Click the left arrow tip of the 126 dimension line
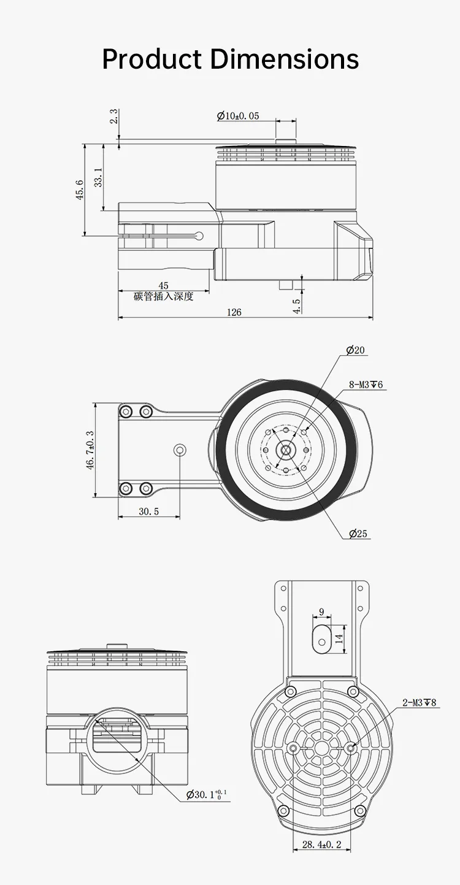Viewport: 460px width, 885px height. [118, 317]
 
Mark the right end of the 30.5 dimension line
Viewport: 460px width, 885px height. [180, 516]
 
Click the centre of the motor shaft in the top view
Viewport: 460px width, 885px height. [285, 450]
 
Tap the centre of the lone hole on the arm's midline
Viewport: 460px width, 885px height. [180, 450]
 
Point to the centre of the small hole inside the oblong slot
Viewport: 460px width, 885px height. [321, 642]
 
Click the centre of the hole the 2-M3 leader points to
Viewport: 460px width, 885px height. [350, 748]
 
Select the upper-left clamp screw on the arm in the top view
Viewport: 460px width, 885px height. [126, 412]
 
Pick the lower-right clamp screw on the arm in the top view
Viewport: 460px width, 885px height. [146, 488]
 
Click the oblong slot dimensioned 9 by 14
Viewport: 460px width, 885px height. [321, 639]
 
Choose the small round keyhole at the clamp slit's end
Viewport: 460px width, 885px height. [199, 236]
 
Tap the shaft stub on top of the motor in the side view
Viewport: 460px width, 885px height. [286, 142]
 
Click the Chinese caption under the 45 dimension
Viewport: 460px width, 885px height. [164, 296]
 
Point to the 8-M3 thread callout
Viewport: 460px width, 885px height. [366, 385]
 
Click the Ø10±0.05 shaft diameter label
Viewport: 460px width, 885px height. [238, 116]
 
